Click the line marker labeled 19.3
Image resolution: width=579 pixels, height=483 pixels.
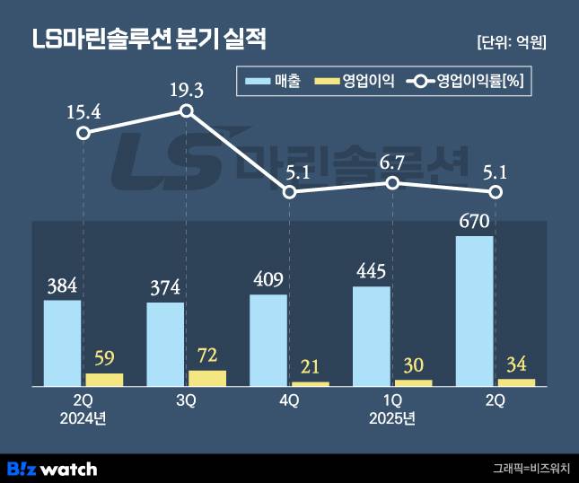186,110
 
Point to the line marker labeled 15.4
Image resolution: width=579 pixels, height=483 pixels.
83,133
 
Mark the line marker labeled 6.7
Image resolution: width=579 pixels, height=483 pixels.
392,182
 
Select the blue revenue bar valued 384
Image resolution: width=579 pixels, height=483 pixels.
62,343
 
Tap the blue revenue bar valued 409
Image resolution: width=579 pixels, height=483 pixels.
268,340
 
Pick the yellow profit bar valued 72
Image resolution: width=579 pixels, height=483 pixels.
207,378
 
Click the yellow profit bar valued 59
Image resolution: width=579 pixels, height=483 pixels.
104,380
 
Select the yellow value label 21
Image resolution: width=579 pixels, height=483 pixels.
311,367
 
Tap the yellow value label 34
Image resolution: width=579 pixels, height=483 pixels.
516,364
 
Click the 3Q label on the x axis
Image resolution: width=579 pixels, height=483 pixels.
187,401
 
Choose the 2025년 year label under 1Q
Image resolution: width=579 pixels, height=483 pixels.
392,418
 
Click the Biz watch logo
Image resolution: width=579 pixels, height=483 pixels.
52,468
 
